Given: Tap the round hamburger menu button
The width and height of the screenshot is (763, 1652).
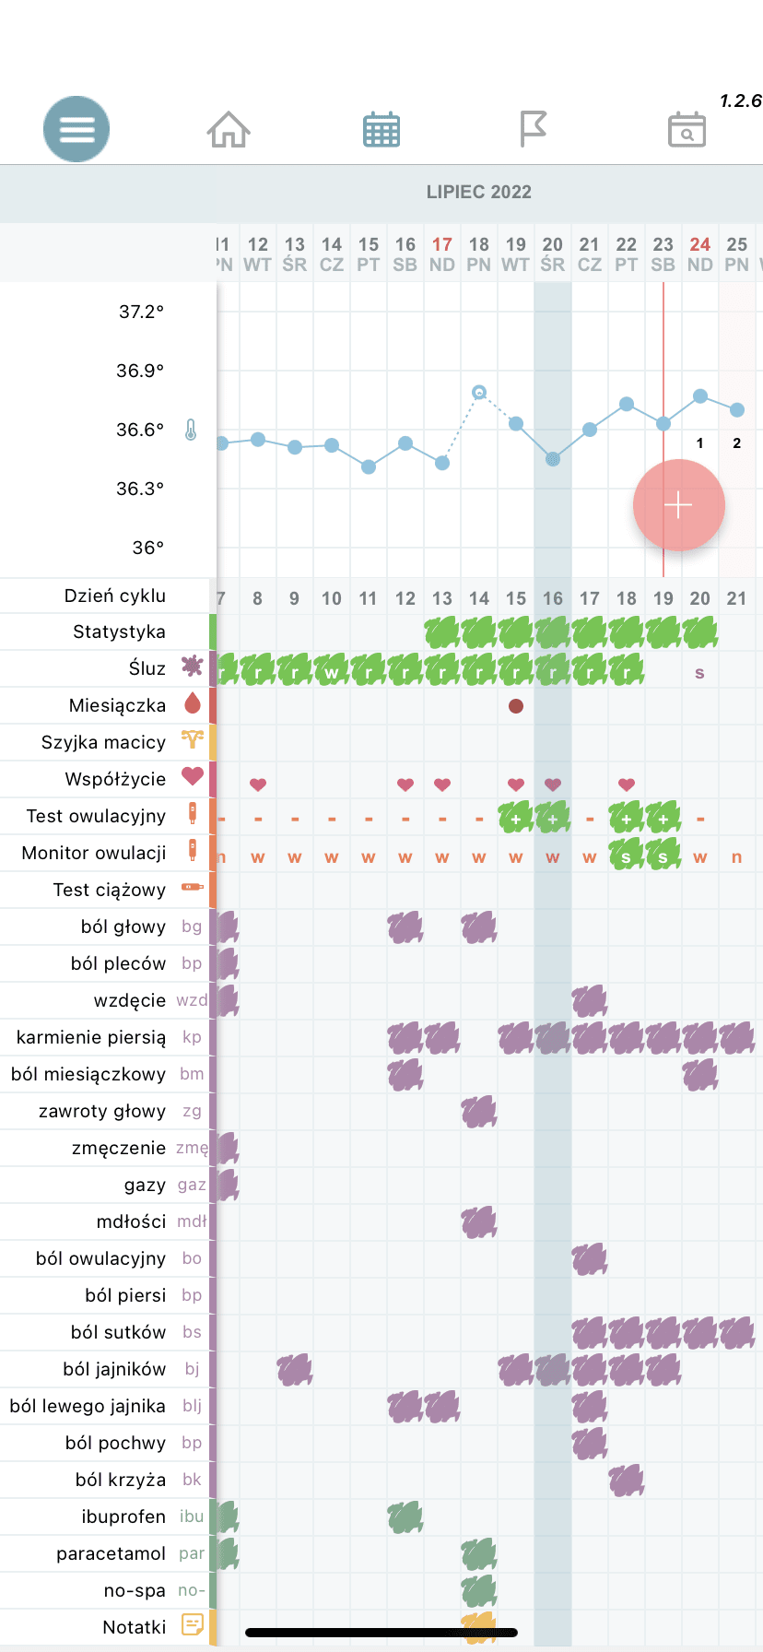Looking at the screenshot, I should click(76, 129).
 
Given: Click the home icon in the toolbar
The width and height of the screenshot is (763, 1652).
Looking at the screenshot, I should click(229, 129).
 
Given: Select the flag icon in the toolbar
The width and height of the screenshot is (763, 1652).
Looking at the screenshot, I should click(533, 129).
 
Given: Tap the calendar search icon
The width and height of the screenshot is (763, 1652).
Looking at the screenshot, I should click(687, 130).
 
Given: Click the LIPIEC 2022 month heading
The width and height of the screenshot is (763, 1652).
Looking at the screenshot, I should click(478, 192).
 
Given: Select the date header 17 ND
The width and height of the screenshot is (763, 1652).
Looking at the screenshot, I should click(442, 254).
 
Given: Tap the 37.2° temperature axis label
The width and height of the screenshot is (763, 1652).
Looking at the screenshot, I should click(141, 312).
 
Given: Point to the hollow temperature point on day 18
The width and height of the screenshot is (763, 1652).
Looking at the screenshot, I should click(479, 393).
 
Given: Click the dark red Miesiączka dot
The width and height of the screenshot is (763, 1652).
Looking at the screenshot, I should click(516, 706).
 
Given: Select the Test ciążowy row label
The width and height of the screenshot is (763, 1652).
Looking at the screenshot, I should click(109, 890).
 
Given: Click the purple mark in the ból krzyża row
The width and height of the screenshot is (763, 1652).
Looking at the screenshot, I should click(627, 1481).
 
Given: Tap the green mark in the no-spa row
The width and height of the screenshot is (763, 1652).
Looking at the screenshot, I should click(479, 1591).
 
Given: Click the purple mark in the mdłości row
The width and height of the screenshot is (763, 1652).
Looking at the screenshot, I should click(479, 1222).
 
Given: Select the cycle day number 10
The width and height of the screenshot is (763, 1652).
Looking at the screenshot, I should click(332, 598).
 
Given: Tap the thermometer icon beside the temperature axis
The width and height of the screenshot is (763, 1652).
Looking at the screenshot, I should click(191, 430).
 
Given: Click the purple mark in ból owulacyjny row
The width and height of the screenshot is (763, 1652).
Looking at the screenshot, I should click(590, 1259).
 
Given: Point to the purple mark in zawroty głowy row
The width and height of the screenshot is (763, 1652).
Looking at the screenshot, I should click(479, 1112).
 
